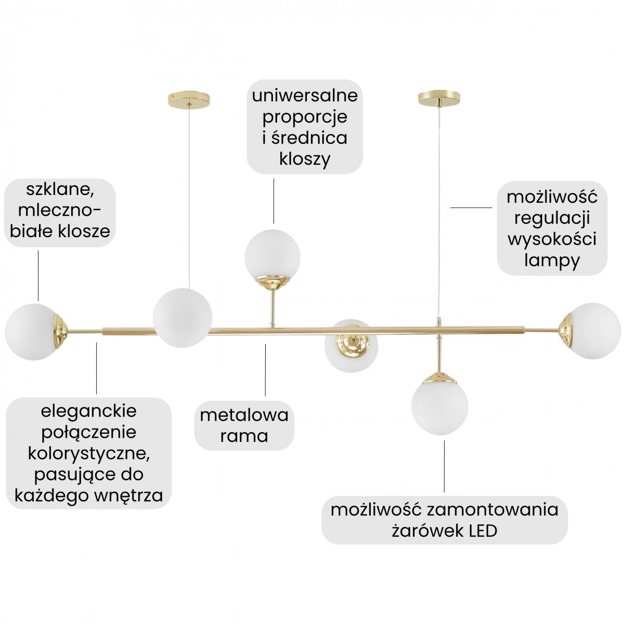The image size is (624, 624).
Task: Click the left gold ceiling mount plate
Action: pyautogui.click(x=189, y=98)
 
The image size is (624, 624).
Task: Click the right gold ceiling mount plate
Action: pyautogui.click(x=439, y=98)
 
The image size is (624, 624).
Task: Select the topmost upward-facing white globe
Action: pyautogui.click(x=272, y=256)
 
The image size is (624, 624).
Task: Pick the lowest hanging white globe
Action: pyautogui.click(x=439, y=407)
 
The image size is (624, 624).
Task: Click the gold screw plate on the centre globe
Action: pyautogui.click(x=353, y=346)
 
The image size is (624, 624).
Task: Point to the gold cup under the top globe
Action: pyautogui.click(x=272, y=283)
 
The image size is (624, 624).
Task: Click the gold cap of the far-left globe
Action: pyautogui.click(x=62, y=331)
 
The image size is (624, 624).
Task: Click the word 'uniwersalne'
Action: pyautogui.click(x=305, y=96)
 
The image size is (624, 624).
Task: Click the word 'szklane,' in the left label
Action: pyautogui.click(x=60, y=190)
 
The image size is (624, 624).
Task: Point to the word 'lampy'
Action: pyautogui.click(x=552, y=261)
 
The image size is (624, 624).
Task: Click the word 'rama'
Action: pyautogui.click(x=244, y=436)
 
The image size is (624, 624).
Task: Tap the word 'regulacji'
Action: pyautogui.click(x=552, y=219)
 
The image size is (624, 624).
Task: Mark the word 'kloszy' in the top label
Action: pyautogui.click(x=305, y=159)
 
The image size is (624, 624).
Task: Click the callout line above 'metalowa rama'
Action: pyautogui.click(x=265, y=370)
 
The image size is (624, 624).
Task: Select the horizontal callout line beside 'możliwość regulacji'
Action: pyautogui.click(x=471, y=207)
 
